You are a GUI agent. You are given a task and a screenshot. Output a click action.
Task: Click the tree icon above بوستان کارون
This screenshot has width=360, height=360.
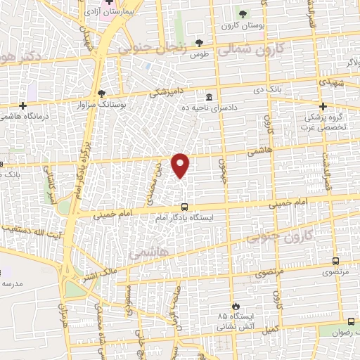tap(242, 14)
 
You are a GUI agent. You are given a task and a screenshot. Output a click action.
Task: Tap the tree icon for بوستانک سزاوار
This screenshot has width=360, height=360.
tap(102, 92)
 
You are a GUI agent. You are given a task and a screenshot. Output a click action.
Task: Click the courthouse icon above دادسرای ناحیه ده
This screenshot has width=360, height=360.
tap(210, 96)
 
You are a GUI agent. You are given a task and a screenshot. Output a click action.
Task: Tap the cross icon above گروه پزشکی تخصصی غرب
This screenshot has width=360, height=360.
tap(322, 105)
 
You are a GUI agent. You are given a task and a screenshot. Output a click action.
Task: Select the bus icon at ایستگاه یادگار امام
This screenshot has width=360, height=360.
tap(184, 207)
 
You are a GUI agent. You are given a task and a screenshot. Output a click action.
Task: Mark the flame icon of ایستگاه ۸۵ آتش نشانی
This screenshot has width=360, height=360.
tap(236, 305)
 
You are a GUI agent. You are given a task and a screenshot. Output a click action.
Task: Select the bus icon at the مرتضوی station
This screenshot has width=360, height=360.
tap(333, 260)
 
